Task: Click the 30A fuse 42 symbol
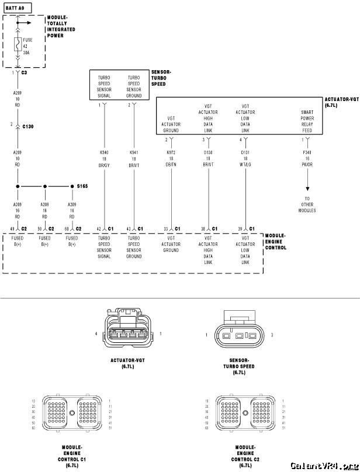(x=18, y=45)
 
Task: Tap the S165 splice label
(x=82, y=186)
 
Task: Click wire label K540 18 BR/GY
(x=104, y=158)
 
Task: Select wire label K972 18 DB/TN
(x=171, y=158)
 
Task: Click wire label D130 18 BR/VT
(x=209, y=158)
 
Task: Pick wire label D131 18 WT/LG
(x=245, y=158)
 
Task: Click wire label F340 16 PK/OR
(x=307, y=158)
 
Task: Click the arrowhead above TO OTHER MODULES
(x=307, y=189)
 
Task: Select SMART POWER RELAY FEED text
(x=307, y=122)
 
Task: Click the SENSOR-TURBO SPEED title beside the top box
(x=161, y=78)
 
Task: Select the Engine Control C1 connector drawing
(x=71, y=413)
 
